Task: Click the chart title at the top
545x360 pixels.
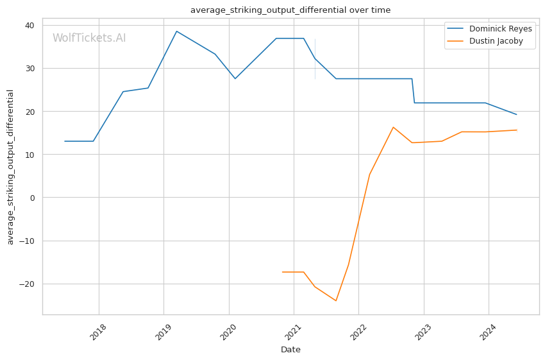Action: pyautogui.click(x=290, y=10)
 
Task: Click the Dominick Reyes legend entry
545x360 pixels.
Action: pyautogui.click(x=500, y=29)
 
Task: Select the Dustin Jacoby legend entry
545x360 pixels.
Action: pyautogui.click(x=496, y=41)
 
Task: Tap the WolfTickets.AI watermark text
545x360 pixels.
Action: pyautogui.click(x=89, y=39)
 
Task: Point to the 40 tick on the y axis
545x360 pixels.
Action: pyautogui.click(x=30, y=25)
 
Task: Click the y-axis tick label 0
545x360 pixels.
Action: pyautogui.click(x=32, y=198)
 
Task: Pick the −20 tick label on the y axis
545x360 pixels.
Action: pyautogui.click(x=28, y=284)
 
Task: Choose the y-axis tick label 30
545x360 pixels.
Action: pyautogui.click(x=30, y=68)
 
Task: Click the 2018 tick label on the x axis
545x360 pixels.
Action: pyautogui.click(x=98, y=332)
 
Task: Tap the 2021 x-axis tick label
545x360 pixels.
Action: pyautogui.click(x=293, y=332)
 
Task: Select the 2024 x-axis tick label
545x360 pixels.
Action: pyautogui.click(x=488, y=332)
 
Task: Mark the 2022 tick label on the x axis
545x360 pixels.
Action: pyautogui.click(x=358, y=332)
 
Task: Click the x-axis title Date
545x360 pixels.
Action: pyautogui.click(x=290, y=350)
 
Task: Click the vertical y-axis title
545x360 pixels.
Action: pyautogui.click(x=10, y=167)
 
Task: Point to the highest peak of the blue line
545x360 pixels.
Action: pyautogui.click(x=176, y=31)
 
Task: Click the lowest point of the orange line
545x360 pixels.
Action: pyautogui.click(x=336, y=301)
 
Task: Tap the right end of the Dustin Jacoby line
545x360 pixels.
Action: pyautogui.click(x=517, y=130)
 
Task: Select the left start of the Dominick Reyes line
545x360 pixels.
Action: pyautogui.click(x=65, y=141)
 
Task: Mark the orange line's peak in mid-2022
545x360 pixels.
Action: pyautogui.click(x=393, y=127)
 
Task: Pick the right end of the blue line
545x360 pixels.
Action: pyautogui.click(x=517, y=115)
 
